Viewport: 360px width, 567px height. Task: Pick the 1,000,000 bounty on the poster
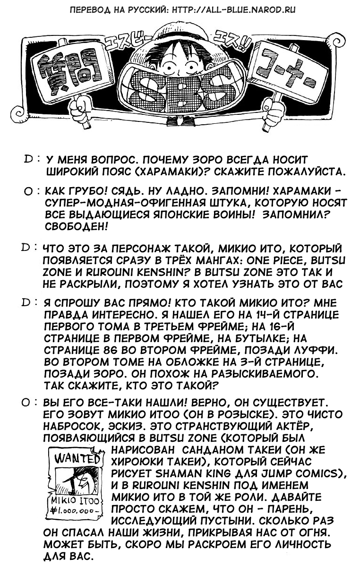78,511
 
